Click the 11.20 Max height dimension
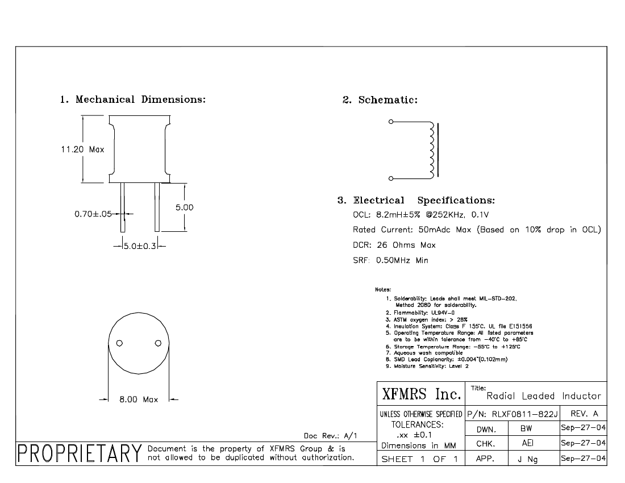[x=82, y=149]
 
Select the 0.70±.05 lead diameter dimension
[x=93, y=214]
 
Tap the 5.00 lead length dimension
[x=184, y=207]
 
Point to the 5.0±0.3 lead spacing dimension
[x=140, y=246]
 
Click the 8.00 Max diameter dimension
[x=139, y=399]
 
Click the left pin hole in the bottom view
[x=119, y=343]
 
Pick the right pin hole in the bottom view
[x=158, y=343]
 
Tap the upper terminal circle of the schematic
[x=391, y=122]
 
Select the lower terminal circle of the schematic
[x=391, y=178]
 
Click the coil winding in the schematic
[x=431, y=150]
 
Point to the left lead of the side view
[x=123, y=207]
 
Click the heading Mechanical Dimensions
[x=140, y=99]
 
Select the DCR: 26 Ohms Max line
[x=394, y=245]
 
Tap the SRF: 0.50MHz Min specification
[x=391, y=260]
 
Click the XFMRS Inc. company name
[x=422, y=394]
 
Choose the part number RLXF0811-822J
[x=524, y=414]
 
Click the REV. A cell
[x=584, y=414]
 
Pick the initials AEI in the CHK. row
[x=527, y=443]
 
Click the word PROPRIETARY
[x=80, y=453]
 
